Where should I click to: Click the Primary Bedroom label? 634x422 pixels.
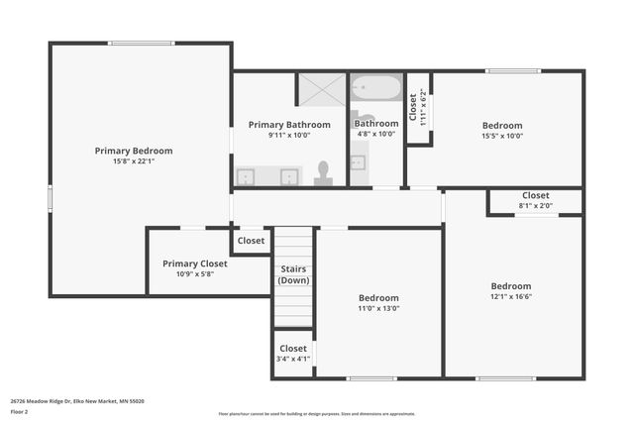(x=134, y=151)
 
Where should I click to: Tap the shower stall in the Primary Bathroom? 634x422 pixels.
(x=321, y=89)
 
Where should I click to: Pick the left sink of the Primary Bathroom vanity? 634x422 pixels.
(x=247, y=176)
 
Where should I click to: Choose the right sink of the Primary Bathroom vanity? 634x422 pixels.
(x=289, y=176)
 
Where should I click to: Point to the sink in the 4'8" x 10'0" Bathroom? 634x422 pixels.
(x=358, y=162)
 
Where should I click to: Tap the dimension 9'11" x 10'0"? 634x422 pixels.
(x=288, y=136)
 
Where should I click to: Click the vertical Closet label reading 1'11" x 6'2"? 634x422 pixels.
(x=418, y=109)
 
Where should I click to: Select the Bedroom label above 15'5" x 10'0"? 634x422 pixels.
(x=502, y=126)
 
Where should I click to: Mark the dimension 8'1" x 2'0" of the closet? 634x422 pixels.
(x=535, y=206)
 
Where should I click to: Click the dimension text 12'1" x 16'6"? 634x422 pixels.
(x=511, y=296)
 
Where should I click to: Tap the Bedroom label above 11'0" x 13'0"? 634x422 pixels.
(x=378, y=297)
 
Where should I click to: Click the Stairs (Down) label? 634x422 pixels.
(x=293, y=274)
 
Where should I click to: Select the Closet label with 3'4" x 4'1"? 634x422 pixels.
(x=293, y=349)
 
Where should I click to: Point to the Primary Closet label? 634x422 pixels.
(x=195, y=264)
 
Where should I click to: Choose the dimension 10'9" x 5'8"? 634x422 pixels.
(x=195, y=273)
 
